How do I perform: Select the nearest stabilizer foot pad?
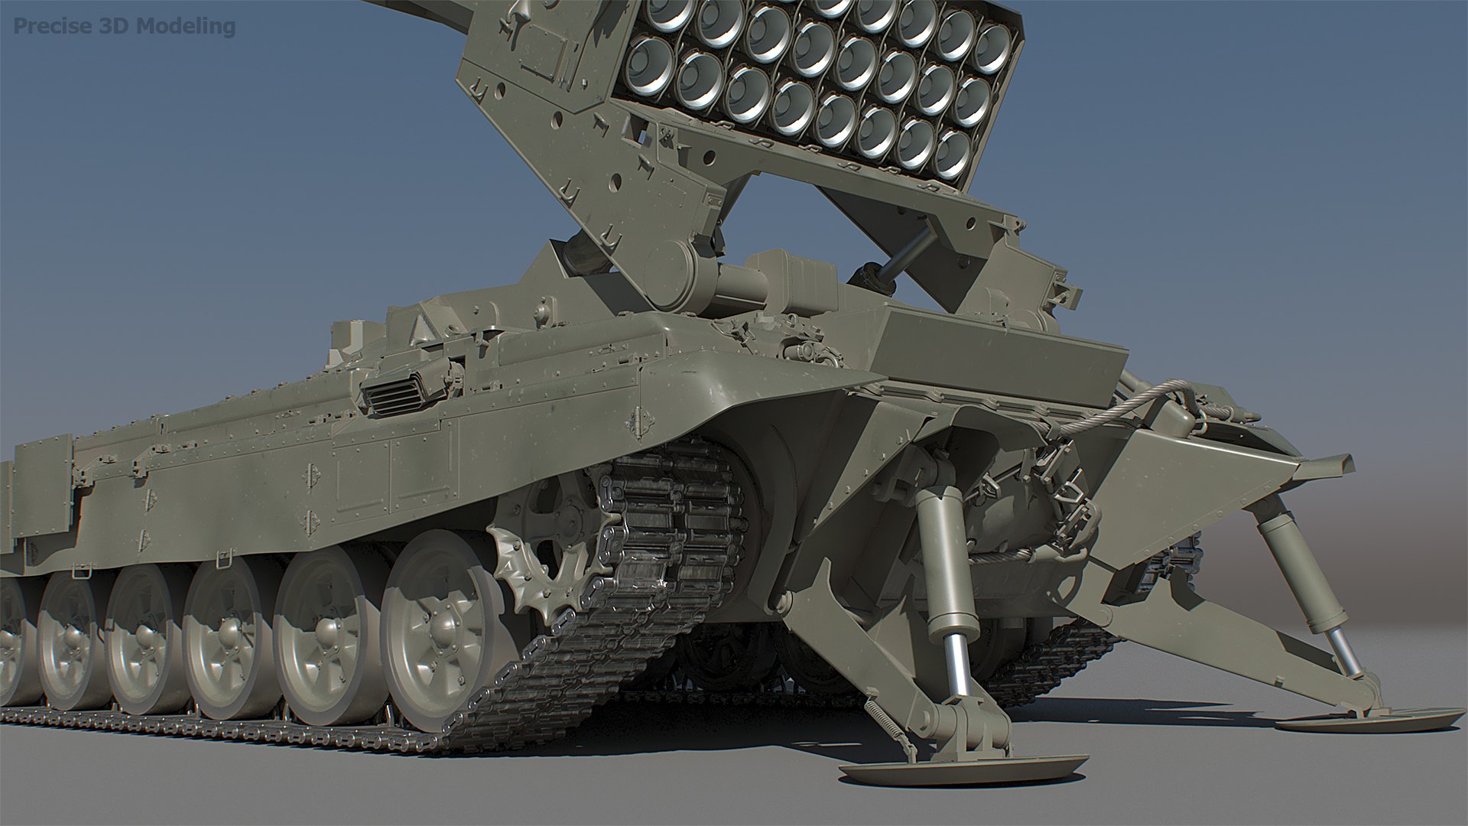click(x=963, y=768)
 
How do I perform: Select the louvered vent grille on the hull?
click(x=394, y=395)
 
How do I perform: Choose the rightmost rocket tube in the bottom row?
click(x=951, y=154)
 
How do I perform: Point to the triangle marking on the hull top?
click(x=418, y=330)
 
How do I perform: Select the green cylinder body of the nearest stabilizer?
click(x=943, y=562)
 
